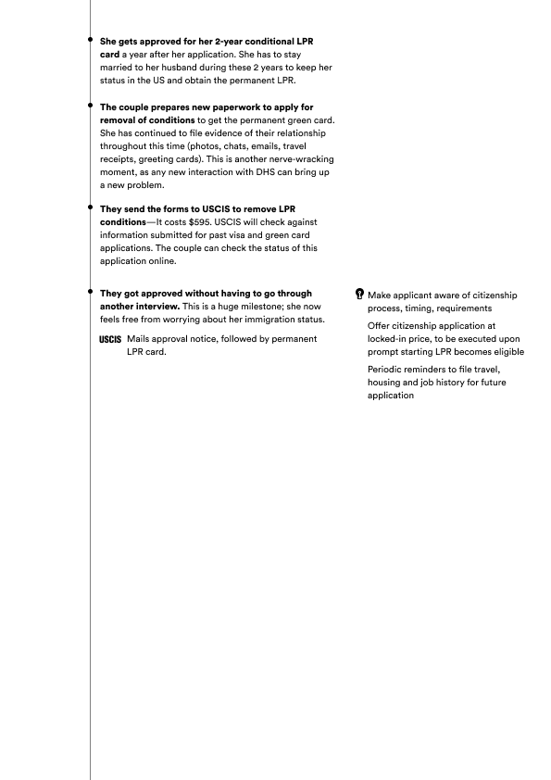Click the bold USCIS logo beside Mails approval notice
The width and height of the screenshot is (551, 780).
point(110,339)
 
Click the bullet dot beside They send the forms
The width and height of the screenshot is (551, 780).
point(90,207)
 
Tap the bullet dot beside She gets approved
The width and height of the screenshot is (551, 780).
point(90,39)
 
